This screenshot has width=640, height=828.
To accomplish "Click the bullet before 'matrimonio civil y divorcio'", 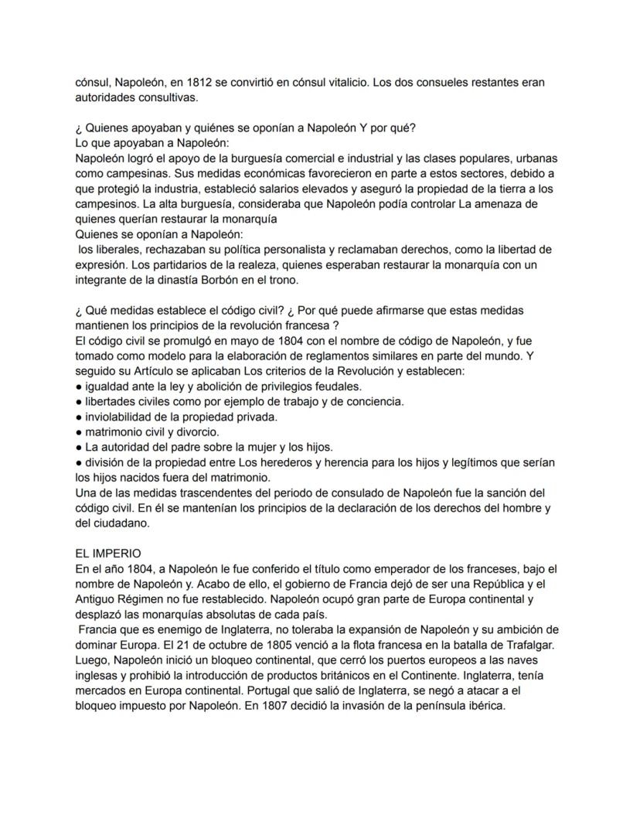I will (79, 432).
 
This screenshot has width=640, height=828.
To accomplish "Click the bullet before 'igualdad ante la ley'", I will (79, 386).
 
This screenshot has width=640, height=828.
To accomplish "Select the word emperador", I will (388, 569).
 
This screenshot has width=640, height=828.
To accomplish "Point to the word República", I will (485, 584).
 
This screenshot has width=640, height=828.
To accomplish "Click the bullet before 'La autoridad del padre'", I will (79, 447).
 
